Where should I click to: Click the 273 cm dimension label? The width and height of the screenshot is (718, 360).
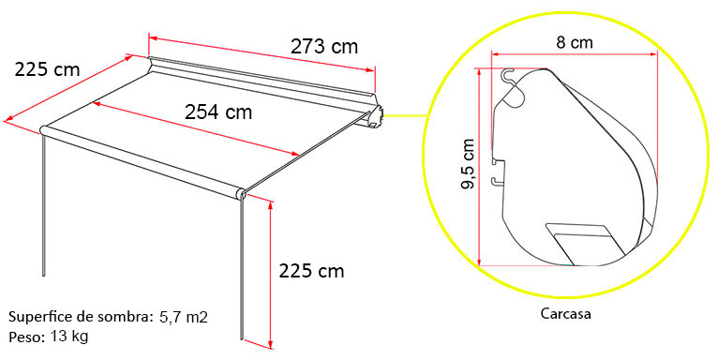323,46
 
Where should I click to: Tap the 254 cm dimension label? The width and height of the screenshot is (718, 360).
218,112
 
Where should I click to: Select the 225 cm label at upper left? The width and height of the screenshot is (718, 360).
47,69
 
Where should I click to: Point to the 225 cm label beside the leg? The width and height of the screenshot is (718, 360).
311,271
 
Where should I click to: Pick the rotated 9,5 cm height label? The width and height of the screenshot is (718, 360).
468,164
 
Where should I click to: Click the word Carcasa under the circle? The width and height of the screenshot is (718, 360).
565,314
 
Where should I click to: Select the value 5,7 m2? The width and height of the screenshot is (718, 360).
184,317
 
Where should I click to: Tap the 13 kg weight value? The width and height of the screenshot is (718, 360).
69,337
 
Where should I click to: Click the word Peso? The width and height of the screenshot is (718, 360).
26,337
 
